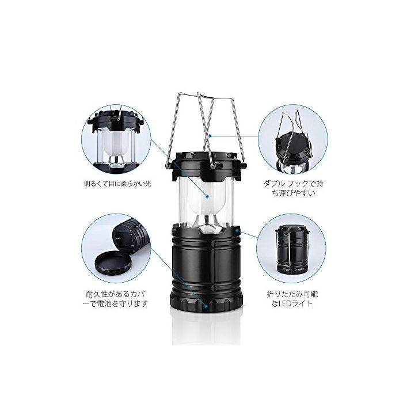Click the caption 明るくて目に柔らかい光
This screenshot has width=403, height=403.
click(x=117, y=184)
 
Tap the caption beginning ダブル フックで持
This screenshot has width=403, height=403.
click(x=293, y=188)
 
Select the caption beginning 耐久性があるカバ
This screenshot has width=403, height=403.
click(x=117, y=299)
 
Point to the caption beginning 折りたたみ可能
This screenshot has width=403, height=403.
click(x=292, y=299)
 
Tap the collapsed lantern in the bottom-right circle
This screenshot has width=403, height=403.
click(x=293, y=249)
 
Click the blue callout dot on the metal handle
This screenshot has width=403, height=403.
click(x=210, y=136)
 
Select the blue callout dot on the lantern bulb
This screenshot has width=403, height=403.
click(x=207, y=196)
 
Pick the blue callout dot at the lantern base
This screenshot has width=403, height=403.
click(x=206, y=306)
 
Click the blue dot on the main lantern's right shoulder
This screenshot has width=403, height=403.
click(x=237, y=231)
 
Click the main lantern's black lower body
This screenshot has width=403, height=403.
click(x=206, y=260)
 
